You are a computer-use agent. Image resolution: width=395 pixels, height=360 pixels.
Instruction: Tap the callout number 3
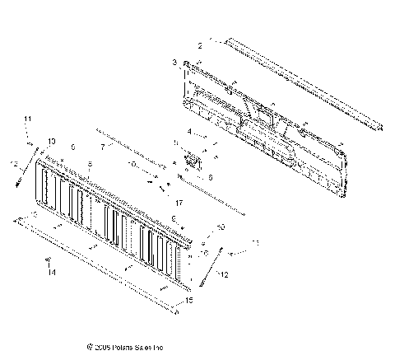(x=174, y=63)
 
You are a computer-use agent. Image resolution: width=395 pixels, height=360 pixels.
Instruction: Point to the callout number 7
(x=103, y=147)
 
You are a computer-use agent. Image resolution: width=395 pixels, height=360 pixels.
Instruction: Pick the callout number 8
(x=89, y=165)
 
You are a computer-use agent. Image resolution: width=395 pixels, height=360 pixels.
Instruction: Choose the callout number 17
(x=178, y=202)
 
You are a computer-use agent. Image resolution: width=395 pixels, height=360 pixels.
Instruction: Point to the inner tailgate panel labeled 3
(x=263, y=124)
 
